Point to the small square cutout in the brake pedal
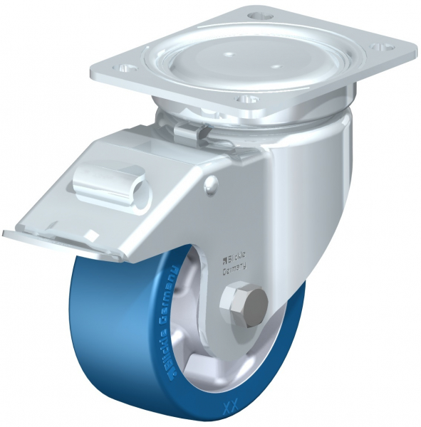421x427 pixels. click(92, 233)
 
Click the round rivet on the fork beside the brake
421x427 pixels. click(209, 186)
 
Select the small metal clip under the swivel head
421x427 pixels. click(185, 131)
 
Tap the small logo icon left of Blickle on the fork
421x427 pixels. click(222, 253)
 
